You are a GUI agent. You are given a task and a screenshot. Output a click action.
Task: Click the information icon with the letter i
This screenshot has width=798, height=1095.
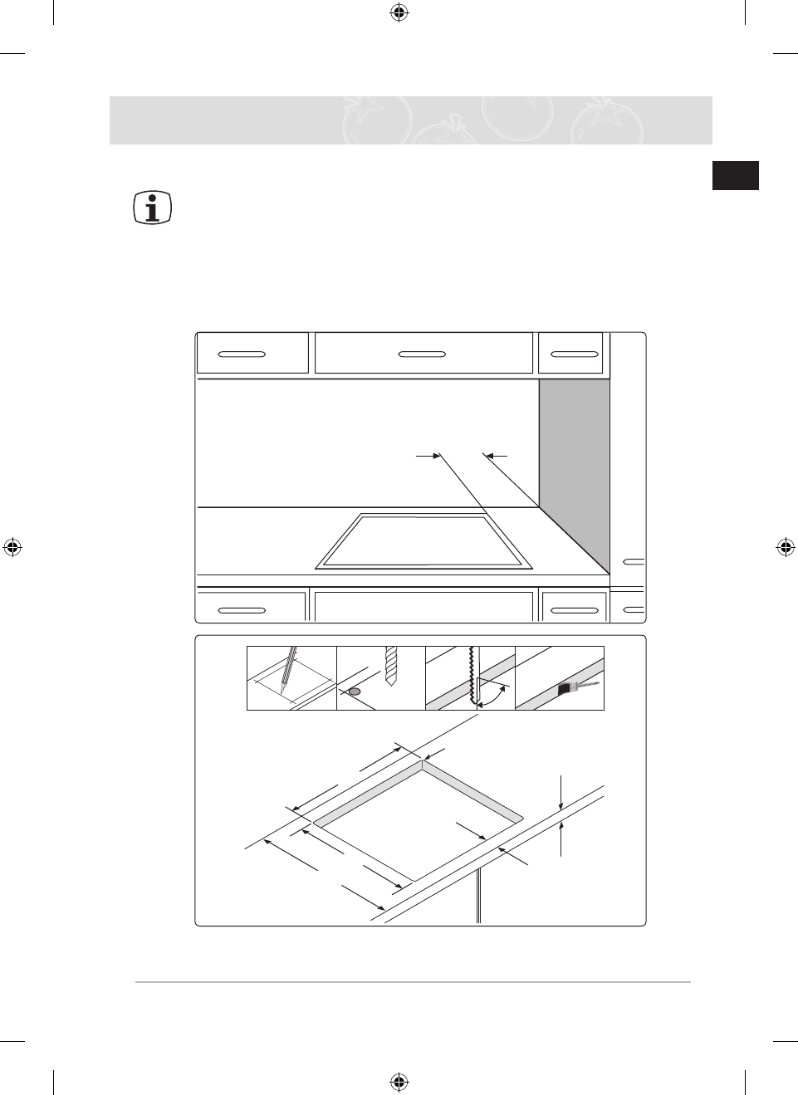tap(152, 208)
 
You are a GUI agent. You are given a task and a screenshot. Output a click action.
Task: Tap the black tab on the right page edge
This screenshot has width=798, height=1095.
tap(735, 176)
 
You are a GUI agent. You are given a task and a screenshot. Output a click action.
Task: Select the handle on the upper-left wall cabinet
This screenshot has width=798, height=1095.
tap(242, 354)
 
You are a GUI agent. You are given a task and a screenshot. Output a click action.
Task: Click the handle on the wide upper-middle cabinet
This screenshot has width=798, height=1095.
tap(423, 354)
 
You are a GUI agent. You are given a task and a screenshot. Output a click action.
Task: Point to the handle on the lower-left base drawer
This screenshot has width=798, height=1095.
tap(242, 610)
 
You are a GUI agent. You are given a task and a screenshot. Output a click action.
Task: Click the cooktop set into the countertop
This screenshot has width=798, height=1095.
tap(423, 541)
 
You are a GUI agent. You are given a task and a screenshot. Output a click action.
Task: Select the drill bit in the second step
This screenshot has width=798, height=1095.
tap(393, 665)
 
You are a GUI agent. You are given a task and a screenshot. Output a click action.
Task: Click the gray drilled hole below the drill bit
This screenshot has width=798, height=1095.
tap(355, 691)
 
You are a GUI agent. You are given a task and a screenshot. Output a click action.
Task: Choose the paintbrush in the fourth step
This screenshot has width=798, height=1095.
tap(570, 687)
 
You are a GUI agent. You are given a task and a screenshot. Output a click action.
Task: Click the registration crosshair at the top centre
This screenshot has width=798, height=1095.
tap(399, 12)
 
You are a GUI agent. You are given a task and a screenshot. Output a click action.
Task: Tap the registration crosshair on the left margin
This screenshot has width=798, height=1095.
tap(12, 547)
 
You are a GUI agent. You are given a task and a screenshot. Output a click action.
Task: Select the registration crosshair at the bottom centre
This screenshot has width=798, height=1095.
tap(399, 1081)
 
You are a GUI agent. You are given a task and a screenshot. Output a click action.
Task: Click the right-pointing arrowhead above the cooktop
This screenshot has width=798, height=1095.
tap(434, 455)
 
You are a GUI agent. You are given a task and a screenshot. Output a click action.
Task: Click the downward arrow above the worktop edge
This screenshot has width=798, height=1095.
tap(562, 802)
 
